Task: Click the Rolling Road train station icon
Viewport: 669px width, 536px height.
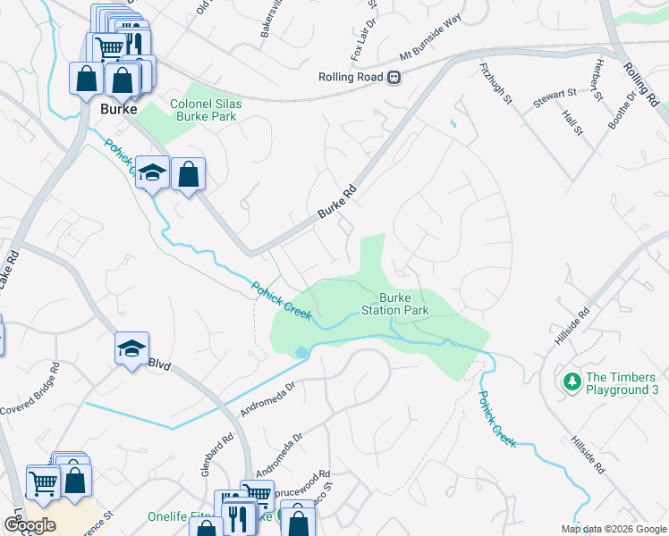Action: point(394,77)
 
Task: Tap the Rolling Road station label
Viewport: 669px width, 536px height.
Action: point(351,77)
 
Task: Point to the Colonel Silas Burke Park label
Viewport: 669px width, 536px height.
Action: point(211,110)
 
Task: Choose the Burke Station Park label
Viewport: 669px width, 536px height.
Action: point(394,304)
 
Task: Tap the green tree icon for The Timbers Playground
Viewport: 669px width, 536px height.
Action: point(572,382)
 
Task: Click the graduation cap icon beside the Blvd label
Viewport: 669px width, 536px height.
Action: point(131,349)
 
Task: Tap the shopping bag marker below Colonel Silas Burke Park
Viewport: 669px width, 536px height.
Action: point(189,175)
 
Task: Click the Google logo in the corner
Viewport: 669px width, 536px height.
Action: point(30,525)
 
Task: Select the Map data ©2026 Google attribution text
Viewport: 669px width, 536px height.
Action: point(614,529)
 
